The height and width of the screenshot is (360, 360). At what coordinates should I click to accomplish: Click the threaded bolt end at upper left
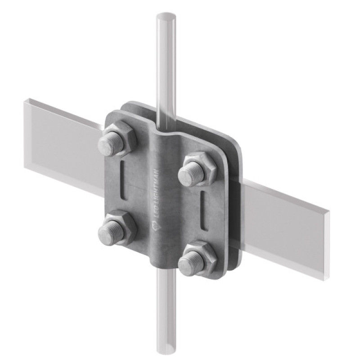tap(111, 144)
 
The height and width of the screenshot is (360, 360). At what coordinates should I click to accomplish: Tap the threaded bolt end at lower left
tap(111, 233)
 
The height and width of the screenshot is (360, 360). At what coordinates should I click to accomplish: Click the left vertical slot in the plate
tap(123, 180)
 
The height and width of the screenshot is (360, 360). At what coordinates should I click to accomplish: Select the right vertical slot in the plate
tap(203, 210)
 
